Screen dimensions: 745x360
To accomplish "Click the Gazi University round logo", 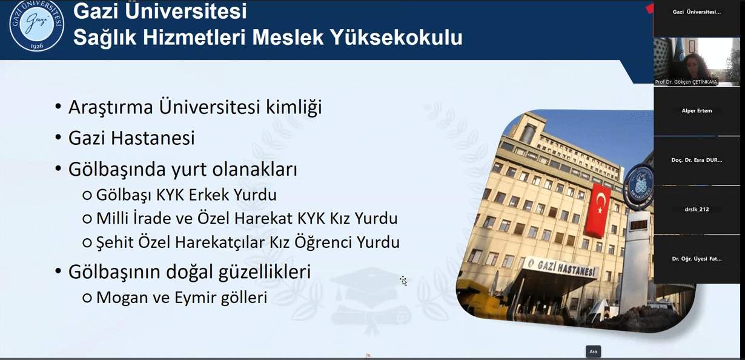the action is (x=36, y=25).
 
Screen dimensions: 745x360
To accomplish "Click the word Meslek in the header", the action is (x=288, y=37).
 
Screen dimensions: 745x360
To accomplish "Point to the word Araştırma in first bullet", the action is (x=110, y=107).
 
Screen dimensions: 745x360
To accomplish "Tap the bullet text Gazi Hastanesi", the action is (x=131, y=138).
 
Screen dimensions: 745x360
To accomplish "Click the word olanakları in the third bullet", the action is (x=254, y=169).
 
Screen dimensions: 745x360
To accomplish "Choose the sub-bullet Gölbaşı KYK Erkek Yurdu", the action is (x=187, y=195).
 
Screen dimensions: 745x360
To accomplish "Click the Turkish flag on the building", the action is (x=598, y=210).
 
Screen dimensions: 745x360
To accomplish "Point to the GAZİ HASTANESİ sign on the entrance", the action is (x=561, y=267).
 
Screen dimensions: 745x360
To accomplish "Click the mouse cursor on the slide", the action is (x=403, y=281).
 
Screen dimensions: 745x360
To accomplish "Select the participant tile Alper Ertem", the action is (x=697, y=111).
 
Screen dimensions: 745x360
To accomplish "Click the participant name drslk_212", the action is (x=697, y=209).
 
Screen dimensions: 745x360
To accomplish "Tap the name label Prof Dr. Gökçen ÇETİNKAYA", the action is (x=686, y=82).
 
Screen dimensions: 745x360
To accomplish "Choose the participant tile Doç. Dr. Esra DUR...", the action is (x=697, y=160).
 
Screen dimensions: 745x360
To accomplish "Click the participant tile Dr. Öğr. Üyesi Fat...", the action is (x=697, y=259).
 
